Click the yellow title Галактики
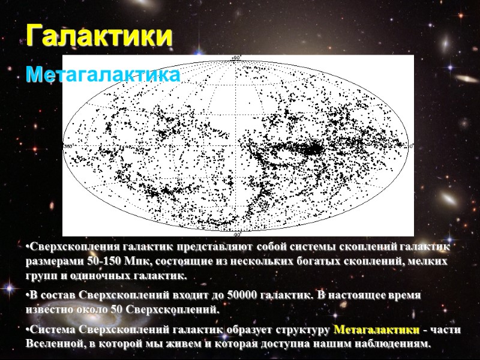[99, 37]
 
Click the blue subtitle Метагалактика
[103, 76]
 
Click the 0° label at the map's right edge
[410, 145]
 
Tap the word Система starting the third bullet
[50, 330]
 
